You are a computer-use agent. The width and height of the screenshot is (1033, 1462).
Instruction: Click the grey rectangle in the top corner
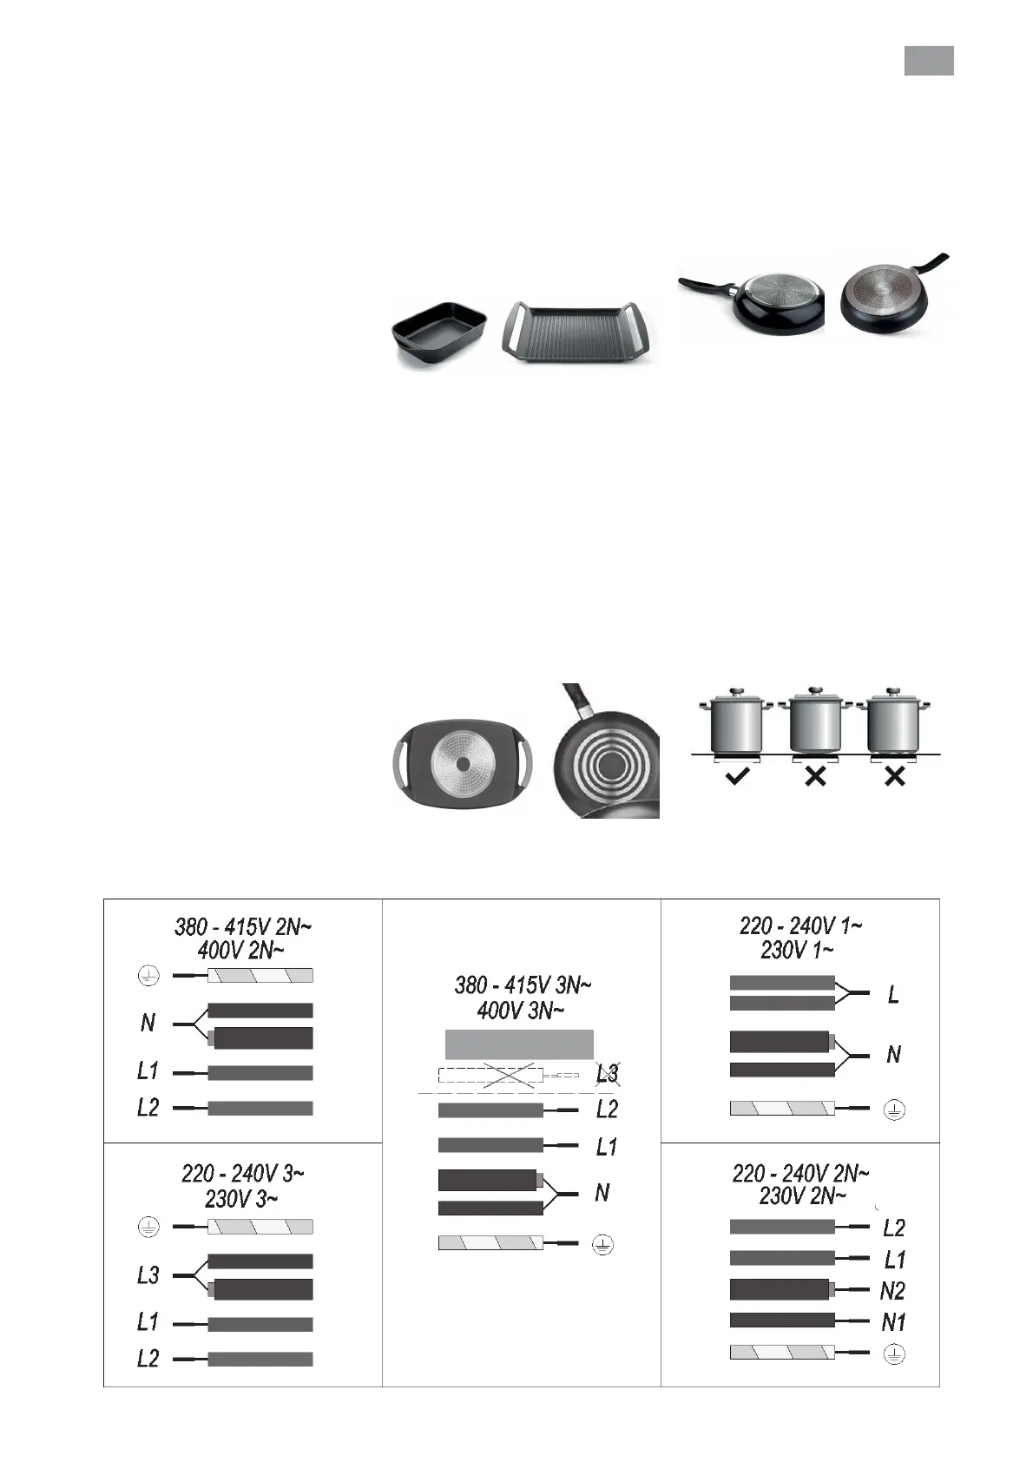[929, 61]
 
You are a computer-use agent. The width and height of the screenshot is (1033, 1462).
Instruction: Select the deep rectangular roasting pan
[439, 335]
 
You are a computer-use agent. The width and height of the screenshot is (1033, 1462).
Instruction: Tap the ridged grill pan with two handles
[579, 335]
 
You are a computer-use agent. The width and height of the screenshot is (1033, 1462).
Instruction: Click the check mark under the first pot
[737, 776]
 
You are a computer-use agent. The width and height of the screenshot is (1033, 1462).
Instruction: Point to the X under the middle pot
[816, 776]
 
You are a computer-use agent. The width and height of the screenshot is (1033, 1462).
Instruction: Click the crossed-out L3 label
[608, 1073]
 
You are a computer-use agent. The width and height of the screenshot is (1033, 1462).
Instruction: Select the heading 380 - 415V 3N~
[523, 985]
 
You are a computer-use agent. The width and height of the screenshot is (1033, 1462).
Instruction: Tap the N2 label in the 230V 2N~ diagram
[892, 1290]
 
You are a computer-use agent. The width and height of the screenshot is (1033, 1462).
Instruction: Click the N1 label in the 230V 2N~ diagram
[893, 1322]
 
